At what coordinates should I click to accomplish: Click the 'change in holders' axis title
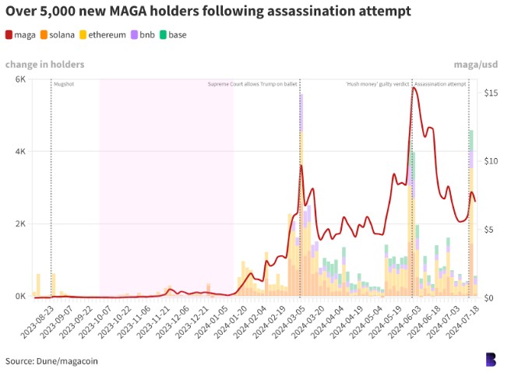point(44,65)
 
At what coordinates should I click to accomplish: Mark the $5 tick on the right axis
point(490,230)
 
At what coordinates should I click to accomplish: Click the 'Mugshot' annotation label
point(64,84)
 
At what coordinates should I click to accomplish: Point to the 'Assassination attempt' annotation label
point(440,84)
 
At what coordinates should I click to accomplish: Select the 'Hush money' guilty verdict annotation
point(377,84)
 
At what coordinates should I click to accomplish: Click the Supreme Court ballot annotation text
point(252,84)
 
